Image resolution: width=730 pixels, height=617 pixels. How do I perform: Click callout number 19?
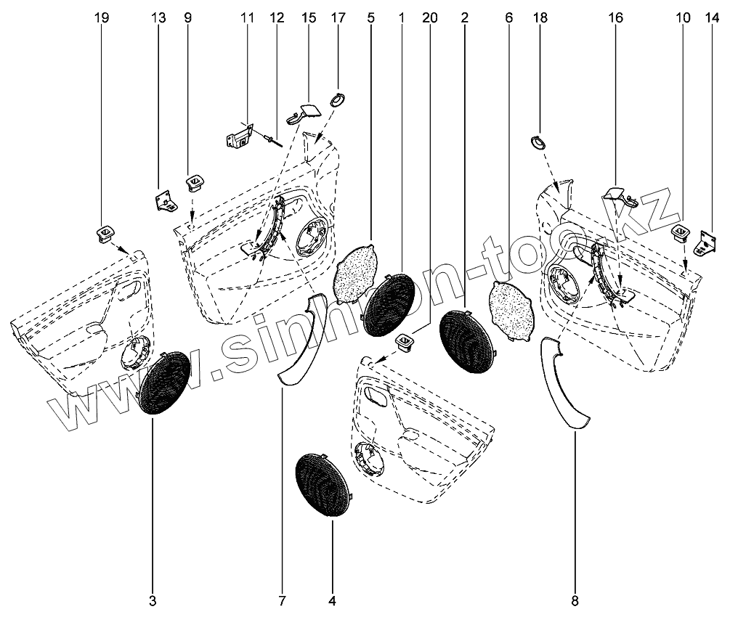pyautogui.click(x=102, y=17)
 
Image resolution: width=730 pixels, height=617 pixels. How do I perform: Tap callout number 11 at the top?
pyautogui.click(x=246, y=17)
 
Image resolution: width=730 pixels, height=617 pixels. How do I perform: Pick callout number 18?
pyautogui.click(x=539, y=17)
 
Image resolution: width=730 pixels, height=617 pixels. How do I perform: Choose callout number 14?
pyautogui.click(x=708, y=17)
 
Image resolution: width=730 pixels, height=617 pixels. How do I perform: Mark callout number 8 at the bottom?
pyautogui.click(x=575, y=601)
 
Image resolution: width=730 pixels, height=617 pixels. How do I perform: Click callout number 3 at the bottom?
pyautogui.click(x=153, y=601)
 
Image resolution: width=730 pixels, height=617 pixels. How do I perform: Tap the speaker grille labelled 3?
pyautogui.click(x=164, y=383)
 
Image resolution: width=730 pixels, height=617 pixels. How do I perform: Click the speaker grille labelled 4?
pyautogui.click(x=323, y=484)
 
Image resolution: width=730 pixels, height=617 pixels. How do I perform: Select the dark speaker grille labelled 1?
pyautogui.click(x=390, y=306)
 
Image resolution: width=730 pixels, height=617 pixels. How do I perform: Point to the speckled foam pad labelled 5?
pyautogui.click(x=357, y=276)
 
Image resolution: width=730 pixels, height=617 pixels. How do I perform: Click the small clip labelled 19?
pyautogui.click(x=105, y=234)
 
